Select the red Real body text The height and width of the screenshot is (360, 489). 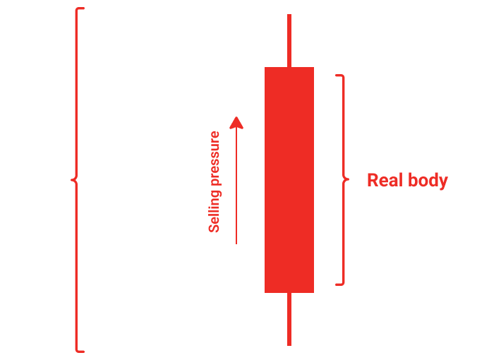click(x=407, y=181)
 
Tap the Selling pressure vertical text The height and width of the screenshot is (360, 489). click(x=215, y=182)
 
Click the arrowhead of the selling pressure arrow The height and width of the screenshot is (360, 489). click(x=236, y=123)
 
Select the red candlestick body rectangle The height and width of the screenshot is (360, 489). click(x=289, y=180)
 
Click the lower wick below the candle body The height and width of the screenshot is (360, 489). click(x=289, y=319)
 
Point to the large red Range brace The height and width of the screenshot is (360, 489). click(x=78, y=180)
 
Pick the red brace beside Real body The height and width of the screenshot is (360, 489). click(x=342, y=180)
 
